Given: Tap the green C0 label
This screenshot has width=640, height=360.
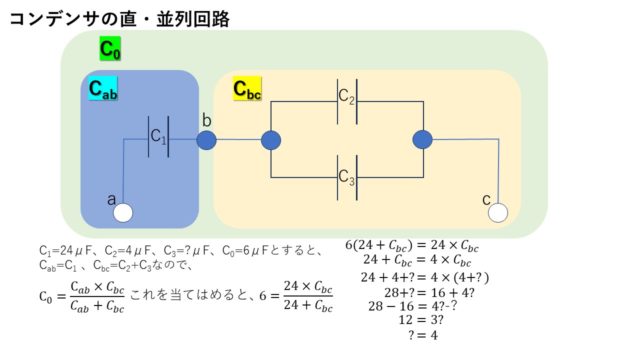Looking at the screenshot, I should pos(110,48).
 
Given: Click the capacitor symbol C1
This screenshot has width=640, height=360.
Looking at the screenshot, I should pos(158,137).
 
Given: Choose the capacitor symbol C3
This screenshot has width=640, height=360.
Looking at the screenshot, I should pos(346,177).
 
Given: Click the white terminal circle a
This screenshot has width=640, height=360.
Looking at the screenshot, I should pos(123,212).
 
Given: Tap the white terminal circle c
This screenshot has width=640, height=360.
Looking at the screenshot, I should pos(498,212).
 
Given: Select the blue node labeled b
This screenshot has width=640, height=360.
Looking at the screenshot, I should pos(206,140).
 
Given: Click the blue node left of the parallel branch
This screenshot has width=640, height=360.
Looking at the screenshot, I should pos(271,140).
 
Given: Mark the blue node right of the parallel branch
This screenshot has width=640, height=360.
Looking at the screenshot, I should pos(422,140).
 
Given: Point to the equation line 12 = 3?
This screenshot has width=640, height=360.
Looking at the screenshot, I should pos(416,319).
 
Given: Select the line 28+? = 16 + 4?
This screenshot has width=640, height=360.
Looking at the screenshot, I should pos(416,290).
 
